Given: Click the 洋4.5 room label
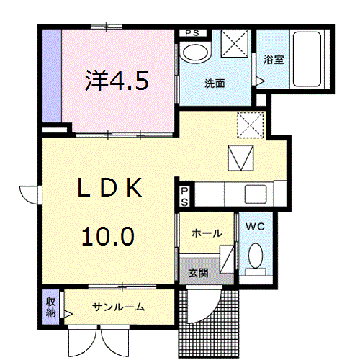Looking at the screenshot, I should pyautogui.click(x=117, y=81).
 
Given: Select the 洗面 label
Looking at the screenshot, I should pyautogui.click(x=215, y=84).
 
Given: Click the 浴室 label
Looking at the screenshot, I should pyautogui.click(x=273, y=60).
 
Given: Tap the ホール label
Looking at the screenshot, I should pyautogui.click(x=207, y=233).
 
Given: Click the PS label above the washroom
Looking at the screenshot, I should pyautogui.click(x=192, y=33).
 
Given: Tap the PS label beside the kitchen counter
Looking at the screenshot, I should pyautogui.click(x=184, y=196).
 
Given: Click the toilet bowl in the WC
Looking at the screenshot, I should pyautogui.click(x=254, y=256).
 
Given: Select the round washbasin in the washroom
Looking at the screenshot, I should pyautogui.click(x=194, y=52).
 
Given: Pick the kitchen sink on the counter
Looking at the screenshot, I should pyautogui.click(x=256, y=194).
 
